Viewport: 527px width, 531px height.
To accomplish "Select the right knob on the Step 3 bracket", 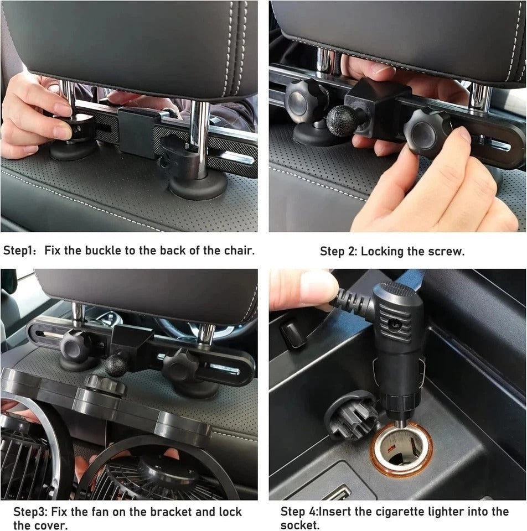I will click(x=182, y=366).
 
